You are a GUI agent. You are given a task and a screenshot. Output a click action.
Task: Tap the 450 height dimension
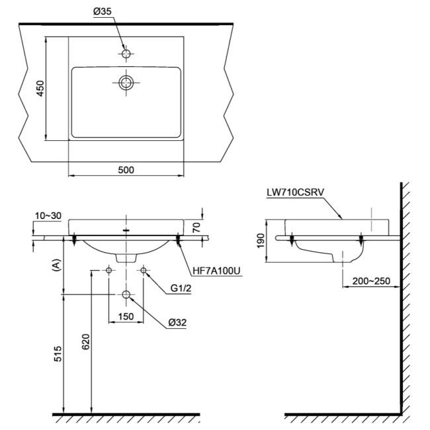40,89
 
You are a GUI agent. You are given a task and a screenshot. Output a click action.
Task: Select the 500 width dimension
126,169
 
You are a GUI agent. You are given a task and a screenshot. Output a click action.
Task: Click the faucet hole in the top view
126,53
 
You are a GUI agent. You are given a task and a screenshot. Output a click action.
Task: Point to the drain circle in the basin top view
126,83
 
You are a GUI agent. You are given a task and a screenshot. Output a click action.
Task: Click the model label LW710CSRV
294,193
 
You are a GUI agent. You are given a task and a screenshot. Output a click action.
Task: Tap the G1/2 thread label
181,288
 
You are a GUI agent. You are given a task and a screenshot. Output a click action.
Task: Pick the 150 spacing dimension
126,316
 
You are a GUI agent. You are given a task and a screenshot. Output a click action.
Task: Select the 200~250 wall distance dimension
370,282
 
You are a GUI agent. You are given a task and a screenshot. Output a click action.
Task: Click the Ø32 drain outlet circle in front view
126,294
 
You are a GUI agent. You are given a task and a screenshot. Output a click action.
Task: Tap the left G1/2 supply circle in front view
108,270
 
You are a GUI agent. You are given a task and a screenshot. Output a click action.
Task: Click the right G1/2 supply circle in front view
143,270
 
